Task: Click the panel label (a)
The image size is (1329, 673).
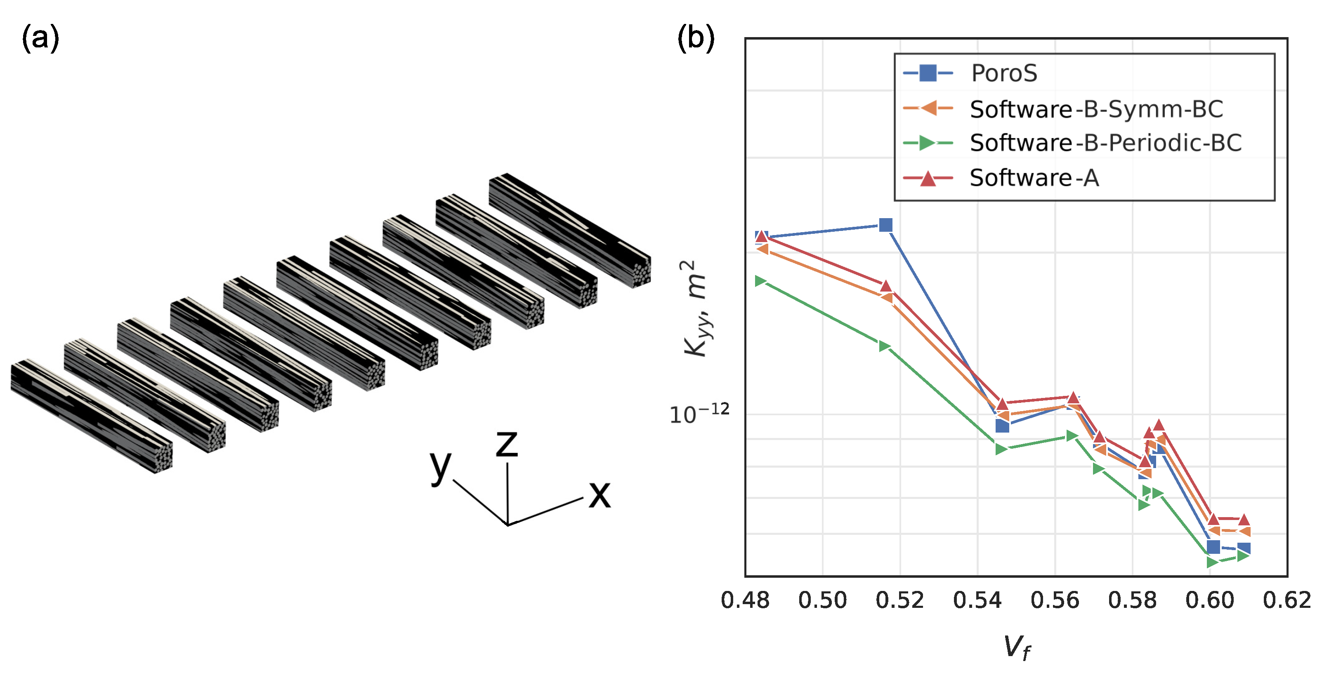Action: pyautogui.click(x=40, y=39)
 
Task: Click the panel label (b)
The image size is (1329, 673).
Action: pyautogui.click(x=696, y=39)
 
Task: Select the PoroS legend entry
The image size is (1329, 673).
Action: pyautogui.click(x=1003, y=73)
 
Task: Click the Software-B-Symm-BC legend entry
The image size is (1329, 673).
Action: pyautogui.click(x=1096, y=109)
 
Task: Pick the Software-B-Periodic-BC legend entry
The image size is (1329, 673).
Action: pyautogui.click(x=1105, y=143)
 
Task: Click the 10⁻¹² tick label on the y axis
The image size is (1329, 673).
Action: pyautogui.click(x=699, y=414)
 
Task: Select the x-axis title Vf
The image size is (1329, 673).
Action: pyautogui.click(x=1016, y=647)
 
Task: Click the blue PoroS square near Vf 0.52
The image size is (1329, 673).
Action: pyautogui.click(x=886, y=225)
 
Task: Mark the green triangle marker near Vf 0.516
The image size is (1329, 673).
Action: pyautogui.click(x=884, y=346)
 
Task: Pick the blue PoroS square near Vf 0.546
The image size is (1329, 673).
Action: pyautogui.click(x=1002, y=426)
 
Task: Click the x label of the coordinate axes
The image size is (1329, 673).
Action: pyautogui.click(x=600, y=495)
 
